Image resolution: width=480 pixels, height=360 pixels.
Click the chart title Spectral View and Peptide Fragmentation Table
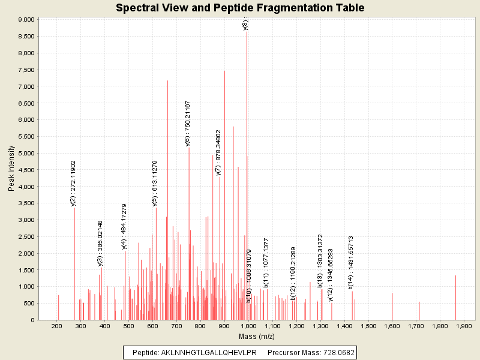coord(240,8)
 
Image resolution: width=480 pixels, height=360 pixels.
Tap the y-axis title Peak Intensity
coord(11,169)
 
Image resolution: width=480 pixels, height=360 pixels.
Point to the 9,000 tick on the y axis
coord(26,20)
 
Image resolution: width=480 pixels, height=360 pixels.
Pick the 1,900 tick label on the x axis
coord(464,326)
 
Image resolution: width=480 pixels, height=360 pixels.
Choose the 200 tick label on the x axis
coord(57,326)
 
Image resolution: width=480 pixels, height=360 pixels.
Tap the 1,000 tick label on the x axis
coord(248,326)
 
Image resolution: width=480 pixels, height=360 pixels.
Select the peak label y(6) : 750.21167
coord(188,124)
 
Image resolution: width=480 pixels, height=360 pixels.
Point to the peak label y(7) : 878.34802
coord(219,152)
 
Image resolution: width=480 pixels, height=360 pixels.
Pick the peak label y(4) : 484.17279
coord(124,226)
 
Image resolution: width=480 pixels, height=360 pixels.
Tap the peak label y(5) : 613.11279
coord(155,183)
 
